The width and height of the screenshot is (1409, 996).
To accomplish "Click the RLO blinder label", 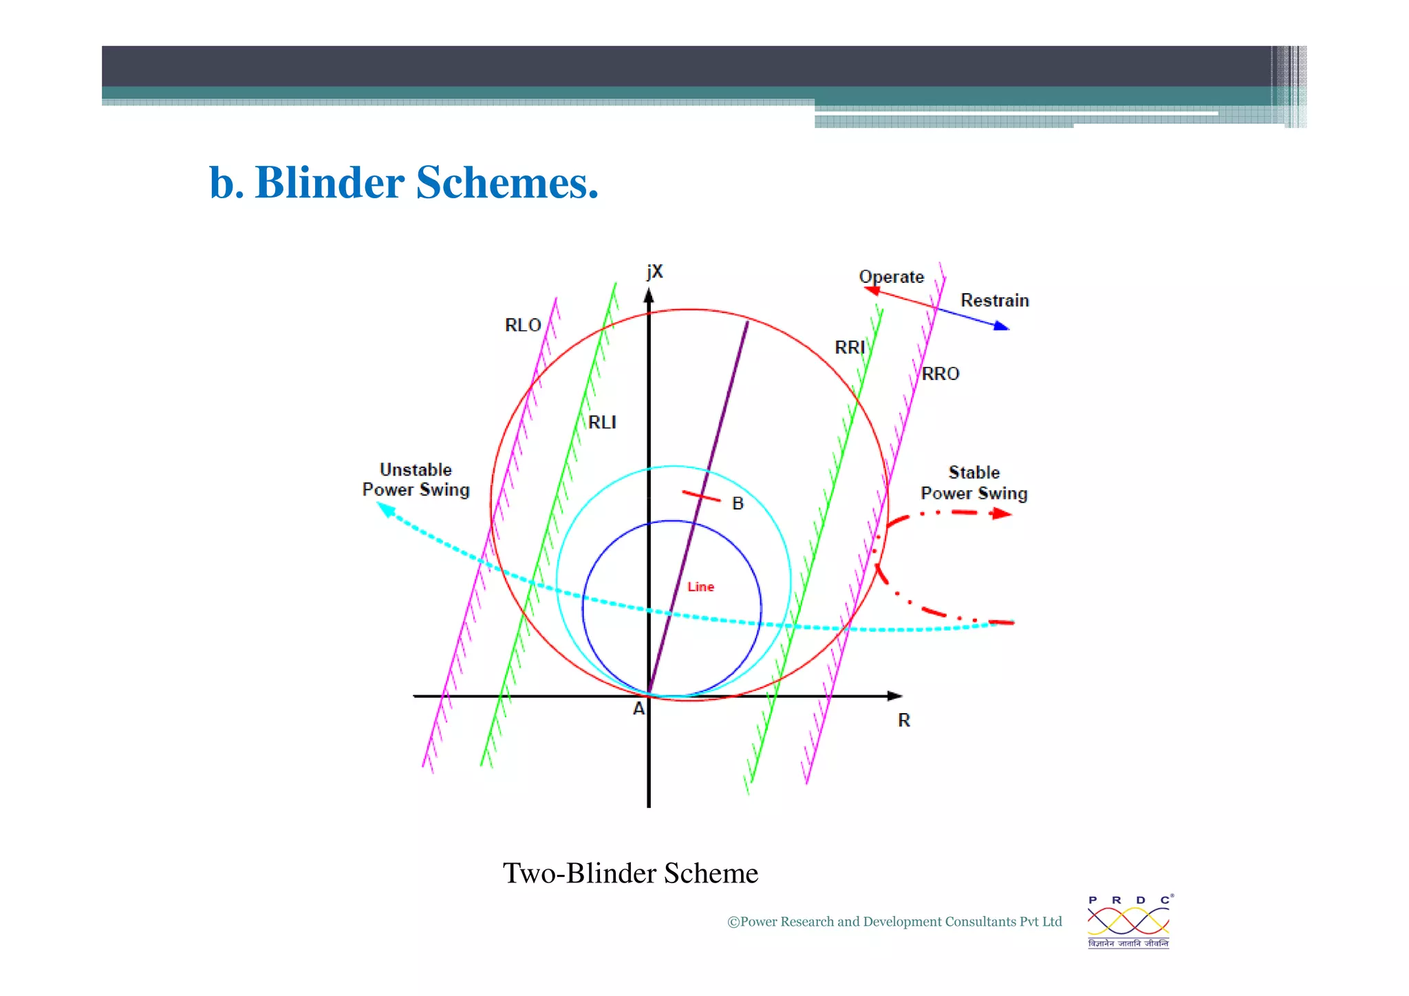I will tap(523, 325).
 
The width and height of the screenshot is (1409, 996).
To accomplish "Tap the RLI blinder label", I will tap(602, 422).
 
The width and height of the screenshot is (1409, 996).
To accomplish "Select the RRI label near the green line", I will tap(849, 348).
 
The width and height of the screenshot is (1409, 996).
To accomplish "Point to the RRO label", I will tap(940, 374).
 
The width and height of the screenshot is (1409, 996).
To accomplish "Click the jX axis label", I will tap(654, 272).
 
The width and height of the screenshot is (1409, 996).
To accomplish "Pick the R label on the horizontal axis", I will tap(904, 720).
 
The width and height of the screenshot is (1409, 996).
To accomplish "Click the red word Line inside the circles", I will tap(700, 586).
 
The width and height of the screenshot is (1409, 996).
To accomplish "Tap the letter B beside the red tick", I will tap(738, 503).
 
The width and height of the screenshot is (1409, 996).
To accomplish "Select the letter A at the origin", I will tap(638, 708).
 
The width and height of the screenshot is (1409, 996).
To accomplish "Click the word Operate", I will tap(891, 277).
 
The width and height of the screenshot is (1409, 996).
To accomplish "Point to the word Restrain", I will tap(994, 300).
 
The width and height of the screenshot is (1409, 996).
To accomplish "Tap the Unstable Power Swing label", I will tap(416, 480).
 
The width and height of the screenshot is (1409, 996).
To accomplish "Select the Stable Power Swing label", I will tap(974, 483).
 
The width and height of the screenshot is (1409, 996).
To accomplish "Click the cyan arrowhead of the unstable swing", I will tap(386, 510).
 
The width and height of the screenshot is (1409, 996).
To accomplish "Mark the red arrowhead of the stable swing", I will tap(1002, 513).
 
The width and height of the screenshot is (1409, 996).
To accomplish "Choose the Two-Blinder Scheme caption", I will tap(630, 873).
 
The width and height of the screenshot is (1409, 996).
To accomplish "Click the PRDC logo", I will tap(1128, 922).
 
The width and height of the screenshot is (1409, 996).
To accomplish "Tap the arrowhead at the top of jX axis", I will tap(648, 297).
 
